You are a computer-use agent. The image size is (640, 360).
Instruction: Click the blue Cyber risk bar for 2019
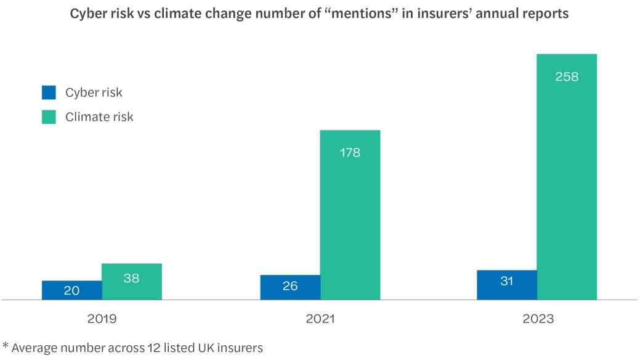[x=71, y=290]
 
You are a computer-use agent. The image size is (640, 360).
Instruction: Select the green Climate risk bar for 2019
[x=132, y=282]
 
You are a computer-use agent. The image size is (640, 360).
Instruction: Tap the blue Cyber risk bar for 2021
[x=290, y=287]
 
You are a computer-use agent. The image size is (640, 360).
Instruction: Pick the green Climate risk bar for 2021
[x=350, y=215]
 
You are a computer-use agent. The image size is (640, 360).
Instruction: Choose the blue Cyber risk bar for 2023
[x=507, y=285]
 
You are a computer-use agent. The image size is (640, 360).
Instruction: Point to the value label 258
[x=567, y=77]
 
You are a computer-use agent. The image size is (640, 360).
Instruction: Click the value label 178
[x=350, y=153]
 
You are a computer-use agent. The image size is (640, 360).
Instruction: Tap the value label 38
[x=132, y=279]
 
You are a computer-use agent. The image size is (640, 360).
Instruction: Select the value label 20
[x=71, y=290]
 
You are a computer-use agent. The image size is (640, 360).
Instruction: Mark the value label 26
[x=290, y=286]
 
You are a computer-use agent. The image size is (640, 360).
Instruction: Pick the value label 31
[x=507, y=282]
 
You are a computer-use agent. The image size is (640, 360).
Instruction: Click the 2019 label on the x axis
[x=102, y=319]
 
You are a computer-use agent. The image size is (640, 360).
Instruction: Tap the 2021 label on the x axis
[x=320, y=319]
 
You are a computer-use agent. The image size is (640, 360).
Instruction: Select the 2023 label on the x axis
[x=538, y=319]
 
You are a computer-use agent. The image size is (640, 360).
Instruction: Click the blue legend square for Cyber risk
[x=49, y=92]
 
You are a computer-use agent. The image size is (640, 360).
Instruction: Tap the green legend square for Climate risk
[x=49, y=117]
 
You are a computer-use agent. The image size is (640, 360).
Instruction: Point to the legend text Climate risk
[x=99, y=117]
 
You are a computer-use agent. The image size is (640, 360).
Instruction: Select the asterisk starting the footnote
[x=5, y=346]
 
